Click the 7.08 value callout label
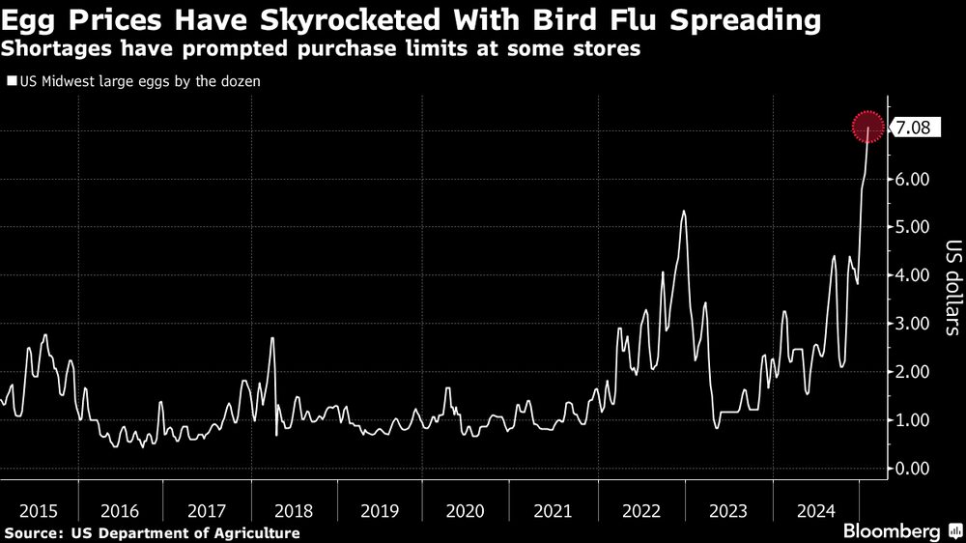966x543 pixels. click(x=913, y=128)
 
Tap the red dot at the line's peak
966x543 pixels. click(x=868, y=128)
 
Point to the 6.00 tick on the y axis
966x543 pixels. click(x=912, y=179)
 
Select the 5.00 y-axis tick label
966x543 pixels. click(x=912, y=227)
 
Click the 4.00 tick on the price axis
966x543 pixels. click(x=912, y=275)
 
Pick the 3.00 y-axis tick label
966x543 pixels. click(x=912, y=324)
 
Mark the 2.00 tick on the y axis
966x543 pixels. click(x=912, y=372)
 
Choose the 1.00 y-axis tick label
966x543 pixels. click(x=912, y=420)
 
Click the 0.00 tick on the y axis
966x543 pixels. click(x=912, y=469)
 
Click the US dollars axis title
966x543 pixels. click(x=951, y=287)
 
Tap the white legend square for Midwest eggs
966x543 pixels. click(x=9, y=82)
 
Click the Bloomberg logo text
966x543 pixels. click(x=893, y=530)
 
